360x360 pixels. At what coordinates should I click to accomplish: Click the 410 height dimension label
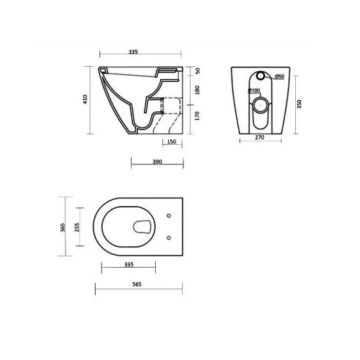pyautogui.click(x=85, y=99)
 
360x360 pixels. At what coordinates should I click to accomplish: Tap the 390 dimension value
pyautogui.click(x=157, y=162)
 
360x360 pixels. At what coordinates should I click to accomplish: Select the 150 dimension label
pyautogui.click(x=171, y=141)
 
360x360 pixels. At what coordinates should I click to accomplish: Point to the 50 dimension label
pyautogui.click(x=198, y=71)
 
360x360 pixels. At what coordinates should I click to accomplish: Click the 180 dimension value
pyautogui.click(x=197, y=90)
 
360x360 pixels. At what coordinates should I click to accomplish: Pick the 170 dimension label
pyautogui.click(x=197, y=116)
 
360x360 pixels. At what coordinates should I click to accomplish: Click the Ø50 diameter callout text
pyautogui.click(x=279, y=76)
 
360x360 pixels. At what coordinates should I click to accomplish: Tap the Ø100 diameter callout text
pyautogui.click(x=254, y=90)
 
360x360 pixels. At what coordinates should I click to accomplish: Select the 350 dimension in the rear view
pyautogui.click(x=299, y=104)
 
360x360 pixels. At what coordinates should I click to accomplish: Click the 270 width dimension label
pyautogui.click(x=259, y=137)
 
